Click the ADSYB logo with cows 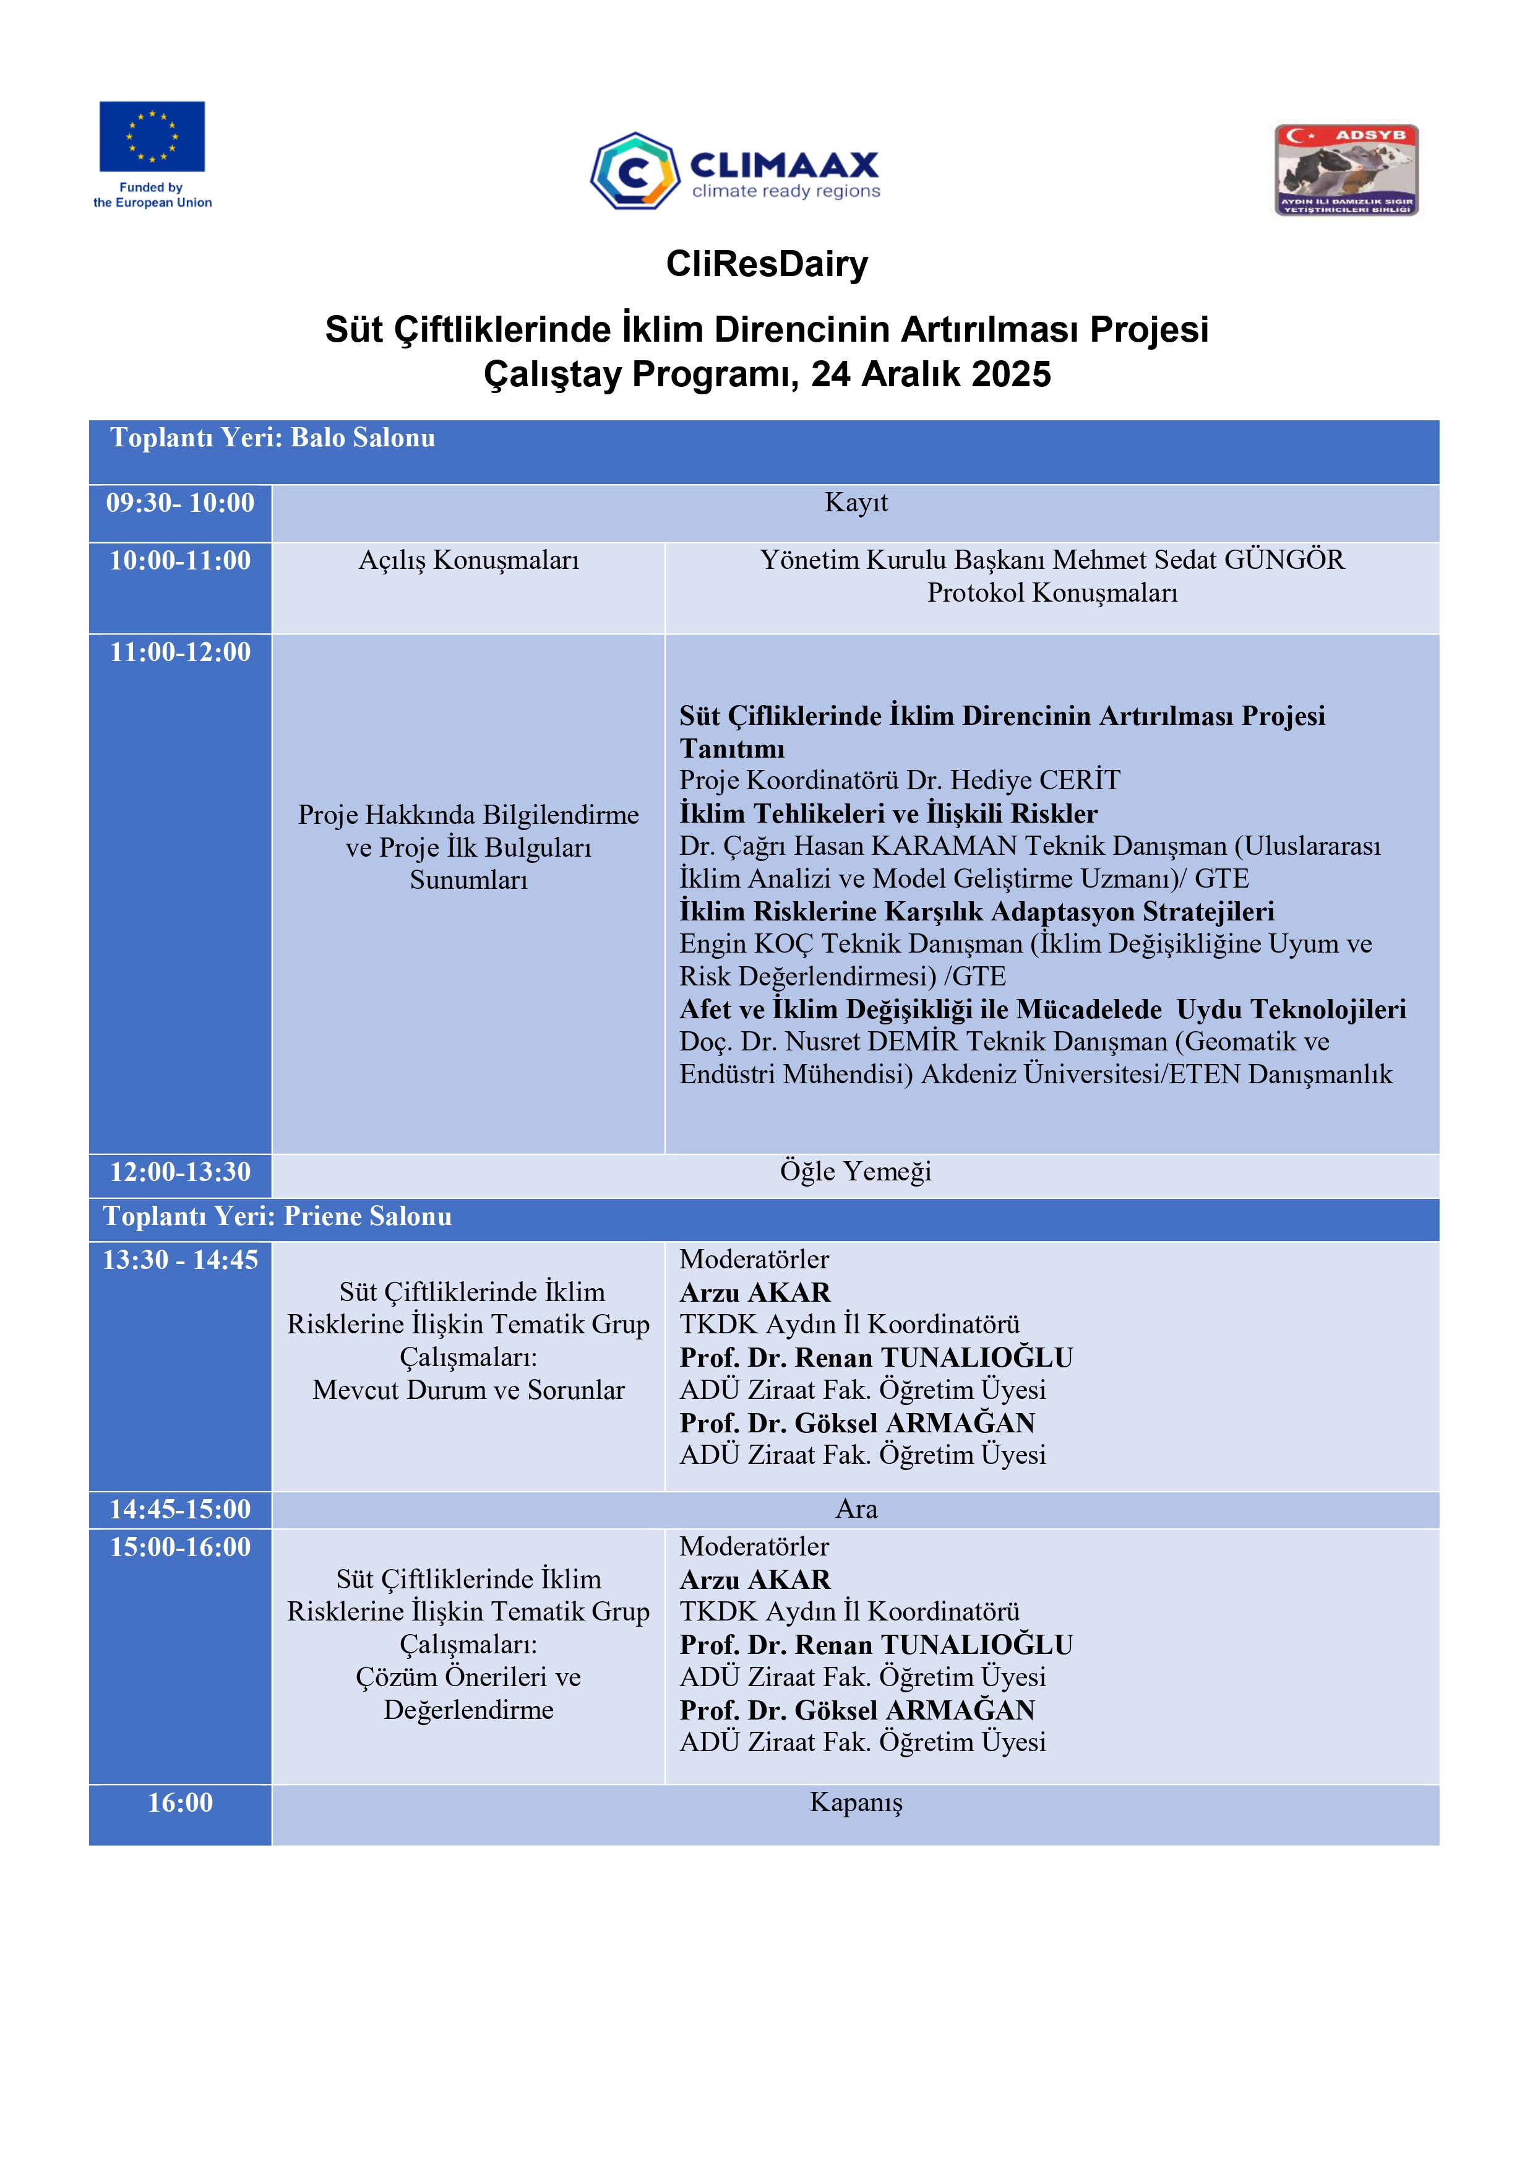point(1346,170)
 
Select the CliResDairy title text point(767,264)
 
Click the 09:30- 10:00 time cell point(179,503)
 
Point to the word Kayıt point(856,503)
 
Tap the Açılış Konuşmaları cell point(468,560)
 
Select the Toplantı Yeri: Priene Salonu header point(277,1216)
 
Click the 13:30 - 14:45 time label point(179,1260)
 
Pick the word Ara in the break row point(856,1509)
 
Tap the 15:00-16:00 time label point(179,1547)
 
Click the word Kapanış point(856,1803)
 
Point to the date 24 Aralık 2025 point(931,374)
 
